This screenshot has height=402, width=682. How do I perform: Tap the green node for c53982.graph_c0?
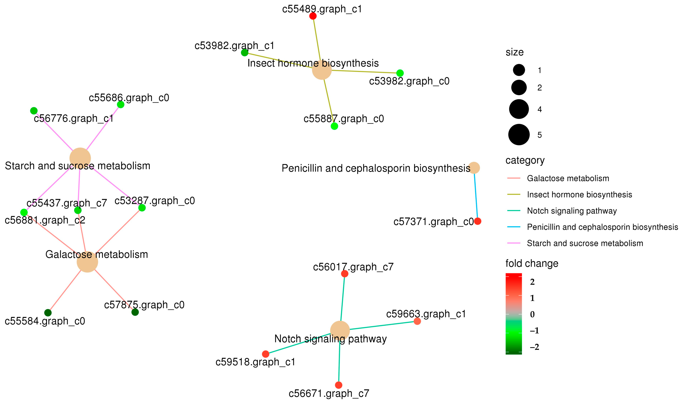(400, 73)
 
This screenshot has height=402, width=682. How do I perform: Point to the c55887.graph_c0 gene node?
(334, 126)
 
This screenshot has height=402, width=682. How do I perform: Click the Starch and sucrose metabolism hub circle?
(80, 158)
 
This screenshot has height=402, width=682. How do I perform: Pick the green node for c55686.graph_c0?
(121, 105)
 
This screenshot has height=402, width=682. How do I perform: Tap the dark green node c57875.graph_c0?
(135, 312)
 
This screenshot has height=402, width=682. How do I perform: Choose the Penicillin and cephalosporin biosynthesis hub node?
(474, 168)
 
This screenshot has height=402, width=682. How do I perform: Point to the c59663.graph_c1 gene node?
(417, 321)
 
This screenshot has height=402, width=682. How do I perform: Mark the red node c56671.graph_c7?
(338, 385)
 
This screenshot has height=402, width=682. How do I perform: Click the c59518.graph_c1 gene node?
(266, 354)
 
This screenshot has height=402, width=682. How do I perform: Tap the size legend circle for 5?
(519, 135)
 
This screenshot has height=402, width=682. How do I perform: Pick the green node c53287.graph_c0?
(142, 208)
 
